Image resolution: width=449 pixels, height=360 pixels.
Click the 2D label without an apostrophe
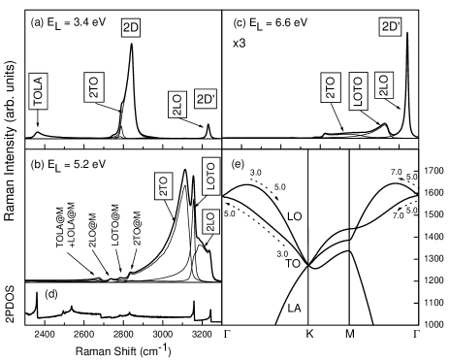click(131, 27)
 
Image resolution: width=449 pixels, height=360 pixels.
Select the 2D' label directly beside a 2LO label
click(206, 99)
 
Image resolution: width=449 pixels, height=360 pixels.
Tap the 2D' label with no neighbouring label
click(390, 27)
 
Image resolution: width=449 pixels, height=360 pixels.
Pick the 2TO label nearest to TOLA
click(94, 86)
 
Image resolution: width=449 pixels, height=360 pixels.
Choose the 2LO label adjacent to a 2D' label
click(177, 105)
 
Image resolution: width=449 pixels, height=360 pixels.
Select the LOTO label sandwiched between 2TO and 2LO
click(357, 91)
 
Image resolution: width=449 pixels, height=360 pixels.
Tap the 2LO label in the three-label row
click(383, 85)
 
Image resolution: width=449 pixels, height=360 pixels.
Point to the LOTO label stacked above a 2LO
click(210, 176)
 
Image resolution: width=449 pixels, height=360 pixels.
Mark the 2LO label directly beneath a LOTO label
click(210, 221)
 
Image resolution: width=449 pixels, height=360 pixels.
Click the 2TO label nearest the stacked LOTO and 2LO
click(164, 186)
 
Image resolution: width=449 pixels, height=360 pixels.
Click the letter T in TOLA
click(39, 103)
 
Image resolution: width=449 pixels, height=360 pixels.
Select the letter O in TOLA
click(39, 95)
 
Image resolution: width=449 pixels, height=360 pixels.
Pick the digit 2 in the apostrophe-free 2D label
click(127, 27)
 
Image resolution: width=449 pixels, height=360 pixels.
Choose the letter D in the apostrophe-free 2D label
click(135, 27)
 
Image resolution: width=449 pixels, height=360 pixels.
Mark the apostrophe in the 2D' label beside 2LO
click(213, 96)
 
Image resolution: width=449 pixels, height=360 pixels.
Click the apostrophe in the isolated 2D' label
click(398, 24)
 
